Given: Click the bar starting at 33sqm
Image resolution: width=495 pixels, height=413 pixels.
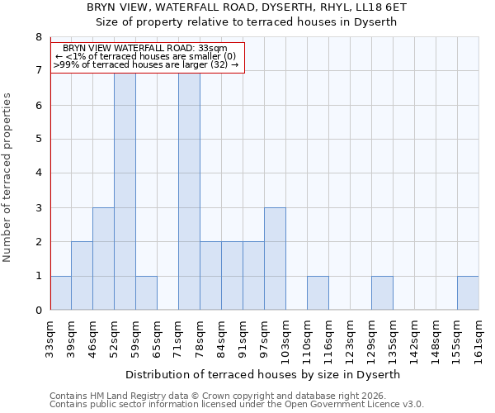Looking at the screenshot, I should [60, 293].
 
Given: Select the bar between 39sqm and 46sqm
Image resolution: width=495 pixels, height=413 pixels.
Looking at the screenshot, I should [82, 276].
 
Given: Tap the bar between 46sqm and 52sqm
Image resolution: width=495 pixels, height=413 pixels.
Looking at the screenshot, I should [103, 259].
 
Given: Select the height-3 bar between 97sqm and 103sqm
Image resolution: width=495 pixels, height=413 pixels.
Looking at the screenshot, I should [275, 259].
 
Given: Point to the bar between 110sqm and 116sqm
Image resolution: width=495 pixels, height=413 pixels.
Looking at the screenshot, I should [318, 293].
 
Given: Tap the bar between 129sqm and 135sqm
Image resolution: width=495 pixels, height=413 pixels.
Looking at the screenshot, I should [382, 293].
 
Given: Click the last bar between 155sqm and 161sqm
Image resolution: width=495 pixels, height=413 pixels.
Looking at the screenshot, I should [468, 293].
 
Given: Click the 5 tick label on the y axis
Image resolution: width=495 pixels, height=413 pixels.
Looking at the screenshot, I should [38, 140].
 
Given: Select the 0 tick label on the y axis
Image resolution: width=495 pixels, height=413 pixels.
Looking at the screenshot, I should [38, 311].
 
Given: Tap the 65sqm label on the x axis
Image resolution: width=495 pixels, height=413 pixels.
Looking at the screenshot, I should [157, 336].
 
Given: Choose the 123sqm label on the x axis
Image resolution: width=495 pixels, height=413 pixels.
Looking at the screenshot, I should [350, 339].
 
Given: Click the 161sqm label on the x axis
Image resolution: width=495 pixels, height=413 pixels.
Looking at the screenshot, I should [478, 339].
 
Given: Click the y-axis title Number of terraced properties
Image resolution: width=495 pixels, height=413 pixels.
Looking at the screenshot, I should [7, 178].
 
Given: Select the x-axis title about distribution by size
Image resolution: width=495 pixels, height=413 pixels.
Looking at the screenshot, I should [264, 374].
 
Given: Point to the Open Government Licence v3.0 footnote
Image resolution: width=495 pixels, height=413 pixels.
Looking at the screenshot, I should [237, 405].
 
